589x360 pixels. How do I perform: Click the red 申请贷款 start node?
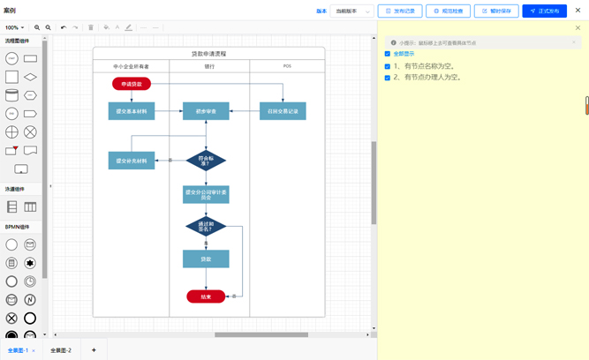[x=132, y=84]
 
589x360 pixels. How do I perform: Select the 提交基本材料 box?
[x=132, y=111]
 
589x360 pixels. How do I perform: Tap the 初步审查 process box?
[x=206, y=111]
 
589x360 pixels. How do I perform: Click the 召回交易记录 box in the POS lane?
[x=283, y=111]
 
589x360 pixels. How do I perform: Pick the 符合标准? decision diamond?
[x=206, y=161]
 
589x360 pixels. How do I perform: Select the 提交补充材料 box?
[x=132, y=161]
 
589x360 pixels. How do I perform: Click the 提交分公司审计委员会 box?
[x=206, y=194]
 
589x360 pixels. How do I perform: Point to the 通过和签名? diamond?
[x=206, y=227]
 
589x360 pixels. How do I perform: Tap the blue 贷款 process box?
[x=206, y=259]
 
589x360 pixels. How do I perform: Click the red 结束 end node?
[x=206, y=296]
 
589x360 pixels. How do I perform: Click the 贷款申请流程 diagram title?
[x=209, y=54]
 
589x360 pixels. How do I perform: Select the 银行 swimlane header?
[x=209, y=66]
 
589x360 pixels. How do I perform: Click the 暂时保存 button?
[x=496, y=11]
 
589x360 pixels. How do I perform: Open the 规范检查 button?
[x=448, y=11]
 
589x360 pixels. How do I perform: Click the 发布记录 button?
[x=400, y=11]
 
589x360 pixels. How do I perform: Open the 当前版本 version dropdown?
[x=352, y=11]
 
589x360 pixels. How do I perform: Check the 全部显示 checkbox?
[x=388, y=54]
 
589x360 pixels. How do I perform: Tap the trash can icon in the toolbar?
[x=91, y=27]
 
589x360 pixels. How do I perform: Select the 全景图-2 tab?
[x=61, y=350]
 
